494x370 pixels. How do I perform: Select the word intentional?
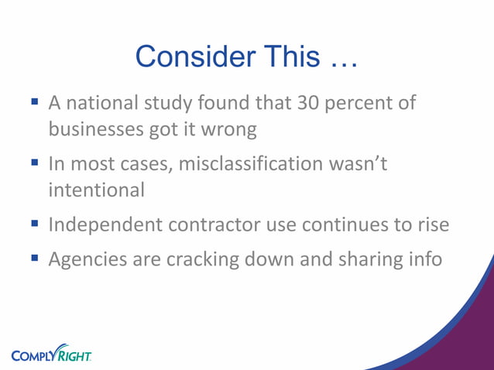click(x=96, y=189)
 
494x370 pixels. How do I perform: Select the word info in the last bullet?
click(x=424, y=259)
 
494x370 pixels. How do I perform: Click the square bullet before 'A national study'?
click(x=35, y=101)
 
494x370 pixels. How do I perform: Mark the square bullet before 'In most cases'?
click(x=35, y=163)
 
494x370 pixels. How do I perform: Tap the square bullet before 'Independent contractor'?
click(x=35, y=224)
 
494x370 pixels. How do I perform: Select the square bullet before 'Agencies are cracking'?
click(x=35, y=259)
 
